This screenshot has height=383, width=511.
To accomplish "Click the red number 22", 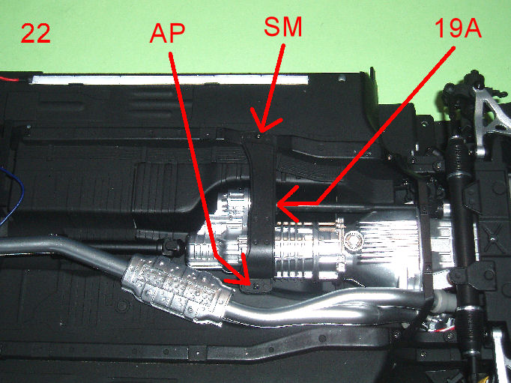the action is coord(35,33).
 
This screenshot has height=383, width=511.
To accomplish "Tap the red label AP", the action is coord(168,33).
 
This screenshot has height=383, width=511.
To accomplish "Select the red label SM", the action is coord(283,27).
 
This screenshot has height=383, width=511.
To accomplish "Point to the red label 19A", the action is coord(458,28).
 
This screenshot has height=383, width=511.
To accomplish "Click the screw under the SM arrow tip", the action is coord(259,135).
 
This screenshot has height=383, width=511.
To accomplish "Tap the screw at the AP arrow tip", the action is coord(256,287).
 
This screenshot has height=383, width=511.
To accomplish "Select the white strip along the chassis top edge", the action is coord(169,79).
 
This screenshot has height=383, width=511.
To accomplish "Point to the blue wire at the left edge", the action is coord(13,196).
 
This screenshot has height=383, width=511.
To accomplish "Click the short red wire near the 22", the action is coord(9,79).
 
